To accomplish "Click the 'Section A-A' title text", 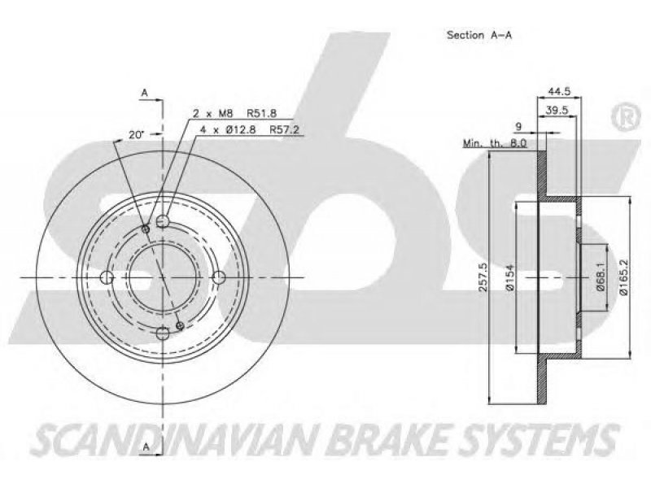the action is click(x=479, y=35).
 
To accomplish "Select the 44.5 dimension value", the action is click(x=559, y=91).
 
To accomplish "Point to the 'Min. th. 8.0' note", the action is click(x=495, y=144).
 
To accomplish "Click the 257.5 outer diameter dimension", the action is click(x=483, y=277).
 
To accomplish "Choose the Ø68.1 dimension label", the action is click(x=601, y=277).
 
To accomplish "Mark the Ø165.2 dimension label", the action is click(x=624, y=277).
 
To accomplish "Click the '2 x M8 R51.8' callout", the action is click(x=234, y=113).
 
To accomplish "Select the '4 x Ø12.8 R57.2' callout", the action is click(x=250, y=129).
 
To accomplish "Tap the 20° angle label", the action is click(x=136, y=134).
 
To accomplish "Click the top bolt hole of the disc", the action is click(x=163, y=220).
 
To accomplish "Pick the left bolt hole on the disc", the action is click(x=107, y=277).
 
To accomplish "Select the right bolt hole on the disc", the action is click(x=219, y=277).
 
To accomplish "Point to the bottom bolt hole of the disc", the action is click(x=163, y=333).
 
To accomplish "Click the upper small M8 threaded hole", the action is click(x=146, y=229).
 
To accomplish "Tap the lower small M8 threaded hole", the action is click(x=180, y=326).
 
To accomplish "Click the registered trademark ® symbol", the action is click(x=627, y=118).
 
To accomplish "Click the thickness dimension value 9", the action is click(x=518, y=127).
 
